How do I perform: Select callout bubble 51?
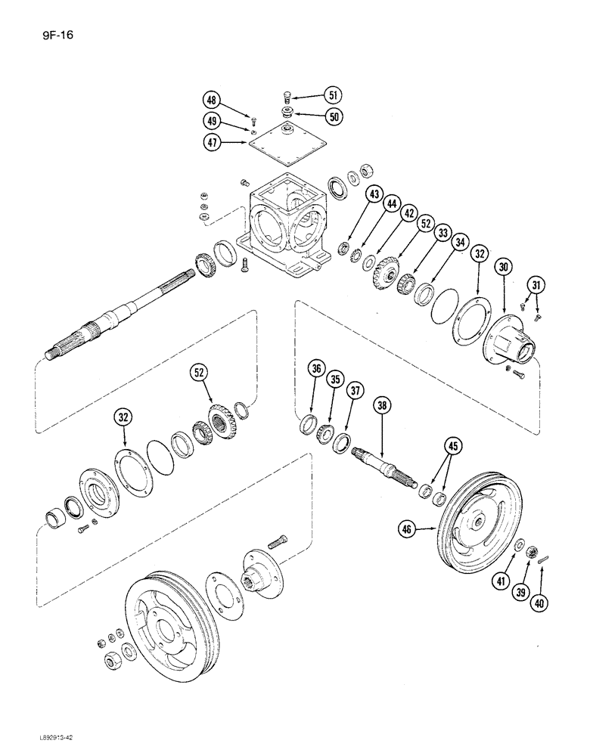332,95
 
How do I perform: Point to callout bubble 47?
213,141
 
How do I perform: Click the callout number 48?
213,100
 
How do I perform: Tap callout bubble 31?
536,284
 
